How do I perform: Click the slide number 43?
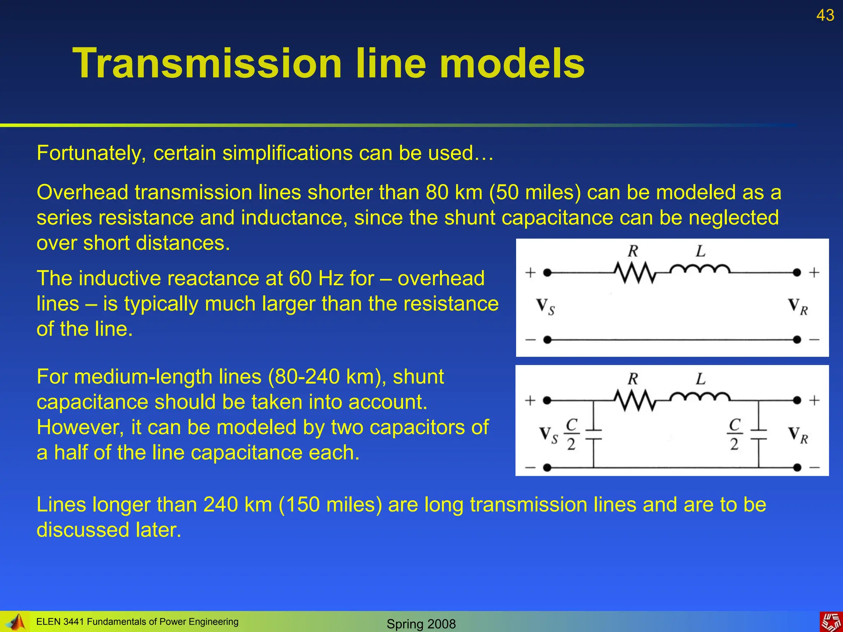pos(825,16)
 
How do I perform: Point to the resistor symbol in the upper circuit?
pos(634,273)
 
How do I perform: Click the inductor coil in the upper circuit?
pos(700,270)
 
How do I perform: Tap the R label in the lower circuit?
pos(633,379)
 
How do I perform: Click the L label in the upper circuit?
pos(700,251)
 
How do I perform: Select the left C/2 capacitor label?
pos(571,434)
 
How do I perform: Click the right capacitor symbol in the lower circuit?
pos(758,435)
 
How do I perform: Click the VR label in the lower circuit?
pos(798,435)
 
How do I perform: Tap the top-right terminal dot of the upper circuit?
pos(797,272)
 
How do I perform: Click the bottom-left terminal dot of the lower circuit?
pos(547,467)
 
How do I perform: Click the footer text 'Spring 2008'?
pos(421,624)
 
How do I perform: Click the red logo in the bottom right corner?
pos(831,622)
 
